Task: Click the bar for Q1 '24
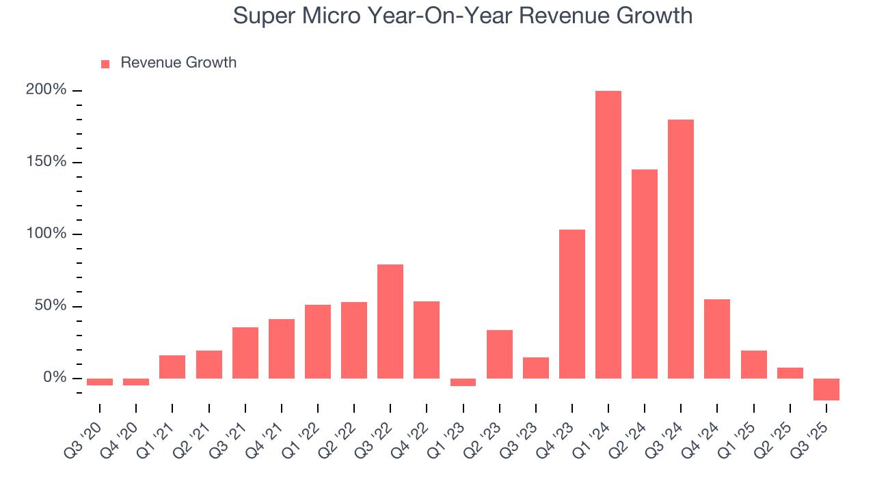pos(608,234)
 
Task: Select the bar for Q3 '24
pos(681,249)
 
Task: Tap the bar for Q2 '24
pos(645,273)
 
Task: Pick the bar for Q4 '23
pos(572,303)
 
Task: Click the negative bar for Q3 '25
pos(826,389)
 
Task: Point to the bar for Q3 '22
pos(390,321)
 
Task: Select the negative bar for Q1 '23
pos(463,382)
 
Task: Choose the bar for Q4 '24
pos(717,338)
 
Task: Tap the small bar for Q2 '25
pos(790,373)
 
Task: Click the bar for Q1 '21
pos(172,366)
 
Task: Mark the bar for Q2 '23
pos(500,354)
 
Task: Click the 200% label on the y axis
pos(46,90)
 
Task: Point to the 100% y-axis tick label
pos(46,234)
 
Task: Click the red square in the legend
pos(105,64)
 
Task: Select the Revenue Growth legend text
pos(178,63)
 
